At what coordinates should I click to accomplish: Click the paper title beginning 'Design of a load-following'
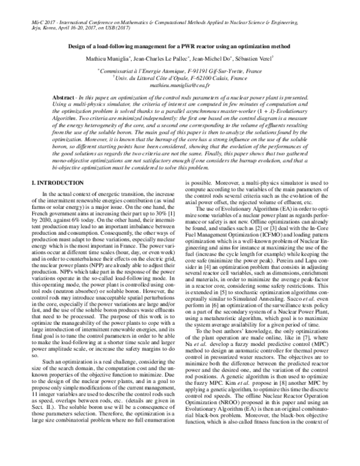tap(180, 47)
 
